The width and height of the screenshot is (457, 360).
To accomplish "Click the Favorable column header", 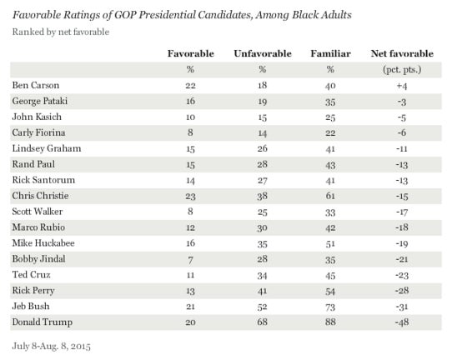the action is tap(191, 53).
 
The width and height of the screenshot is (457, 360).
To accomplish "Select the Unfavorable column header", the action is tap(263, 53).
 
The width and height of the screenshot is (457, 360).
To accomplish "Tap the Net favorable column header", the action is tap(402, 53).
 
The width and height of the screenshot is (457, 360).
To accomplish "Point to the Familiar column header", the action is tap(330, 53).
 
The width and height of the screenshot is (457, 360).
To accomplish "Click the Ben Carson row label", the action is tap(36, 85).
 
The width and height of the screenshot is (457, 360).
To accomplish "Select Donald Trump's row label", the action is tap(43, 322).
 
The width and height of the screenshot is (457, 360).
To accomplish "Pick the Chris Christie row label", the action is tap(40, 196).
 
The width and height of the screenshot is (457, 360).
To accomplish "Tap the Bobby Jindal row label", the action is tap(38, 258).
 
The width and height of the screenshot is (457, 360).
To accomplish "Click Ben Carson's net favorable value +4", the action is tap(402, 86).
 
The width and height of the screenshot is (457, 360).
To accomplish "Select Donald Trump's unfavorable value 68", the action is tap(263, 322).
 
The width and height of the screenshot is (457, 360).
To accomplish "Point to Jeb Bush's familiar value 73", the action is tap(330, 307).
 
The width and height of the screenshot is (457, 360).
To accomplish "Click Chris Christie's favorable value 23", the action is tap(190, 196).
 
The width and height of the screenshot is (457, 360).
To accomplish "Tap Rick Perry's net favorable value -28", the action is tap(402, 291).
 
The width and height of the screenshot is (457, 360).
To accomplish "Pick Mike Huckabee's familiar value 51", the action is tap(330, 243).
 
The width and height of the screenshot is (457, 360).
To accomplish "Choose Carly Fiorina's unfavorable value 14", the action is tap(263, 133).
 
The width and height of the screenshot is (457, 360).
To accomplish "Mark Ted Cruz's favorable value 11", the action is tap(190, 275).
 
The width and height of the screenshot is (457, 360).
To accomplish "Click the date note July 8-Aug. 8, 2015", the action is tap(52, 346).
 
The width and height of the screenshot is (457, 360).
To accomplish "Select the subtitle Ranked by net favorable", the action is tap(61, 32).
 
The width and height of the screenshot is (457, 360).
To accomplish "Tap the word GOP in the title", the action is tap(125, 15).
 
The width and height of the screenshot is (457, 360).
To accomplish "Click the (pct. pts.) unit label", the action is tap(402, 70).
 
